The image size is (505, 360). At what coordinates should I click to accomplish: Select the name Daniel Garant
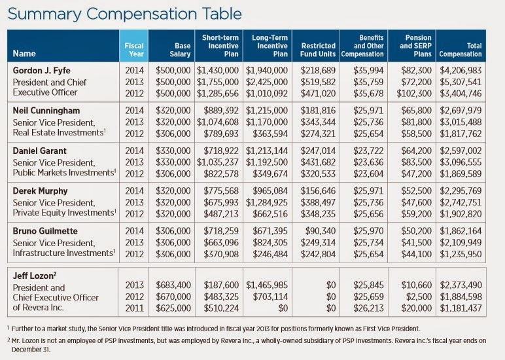point(41,151)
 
